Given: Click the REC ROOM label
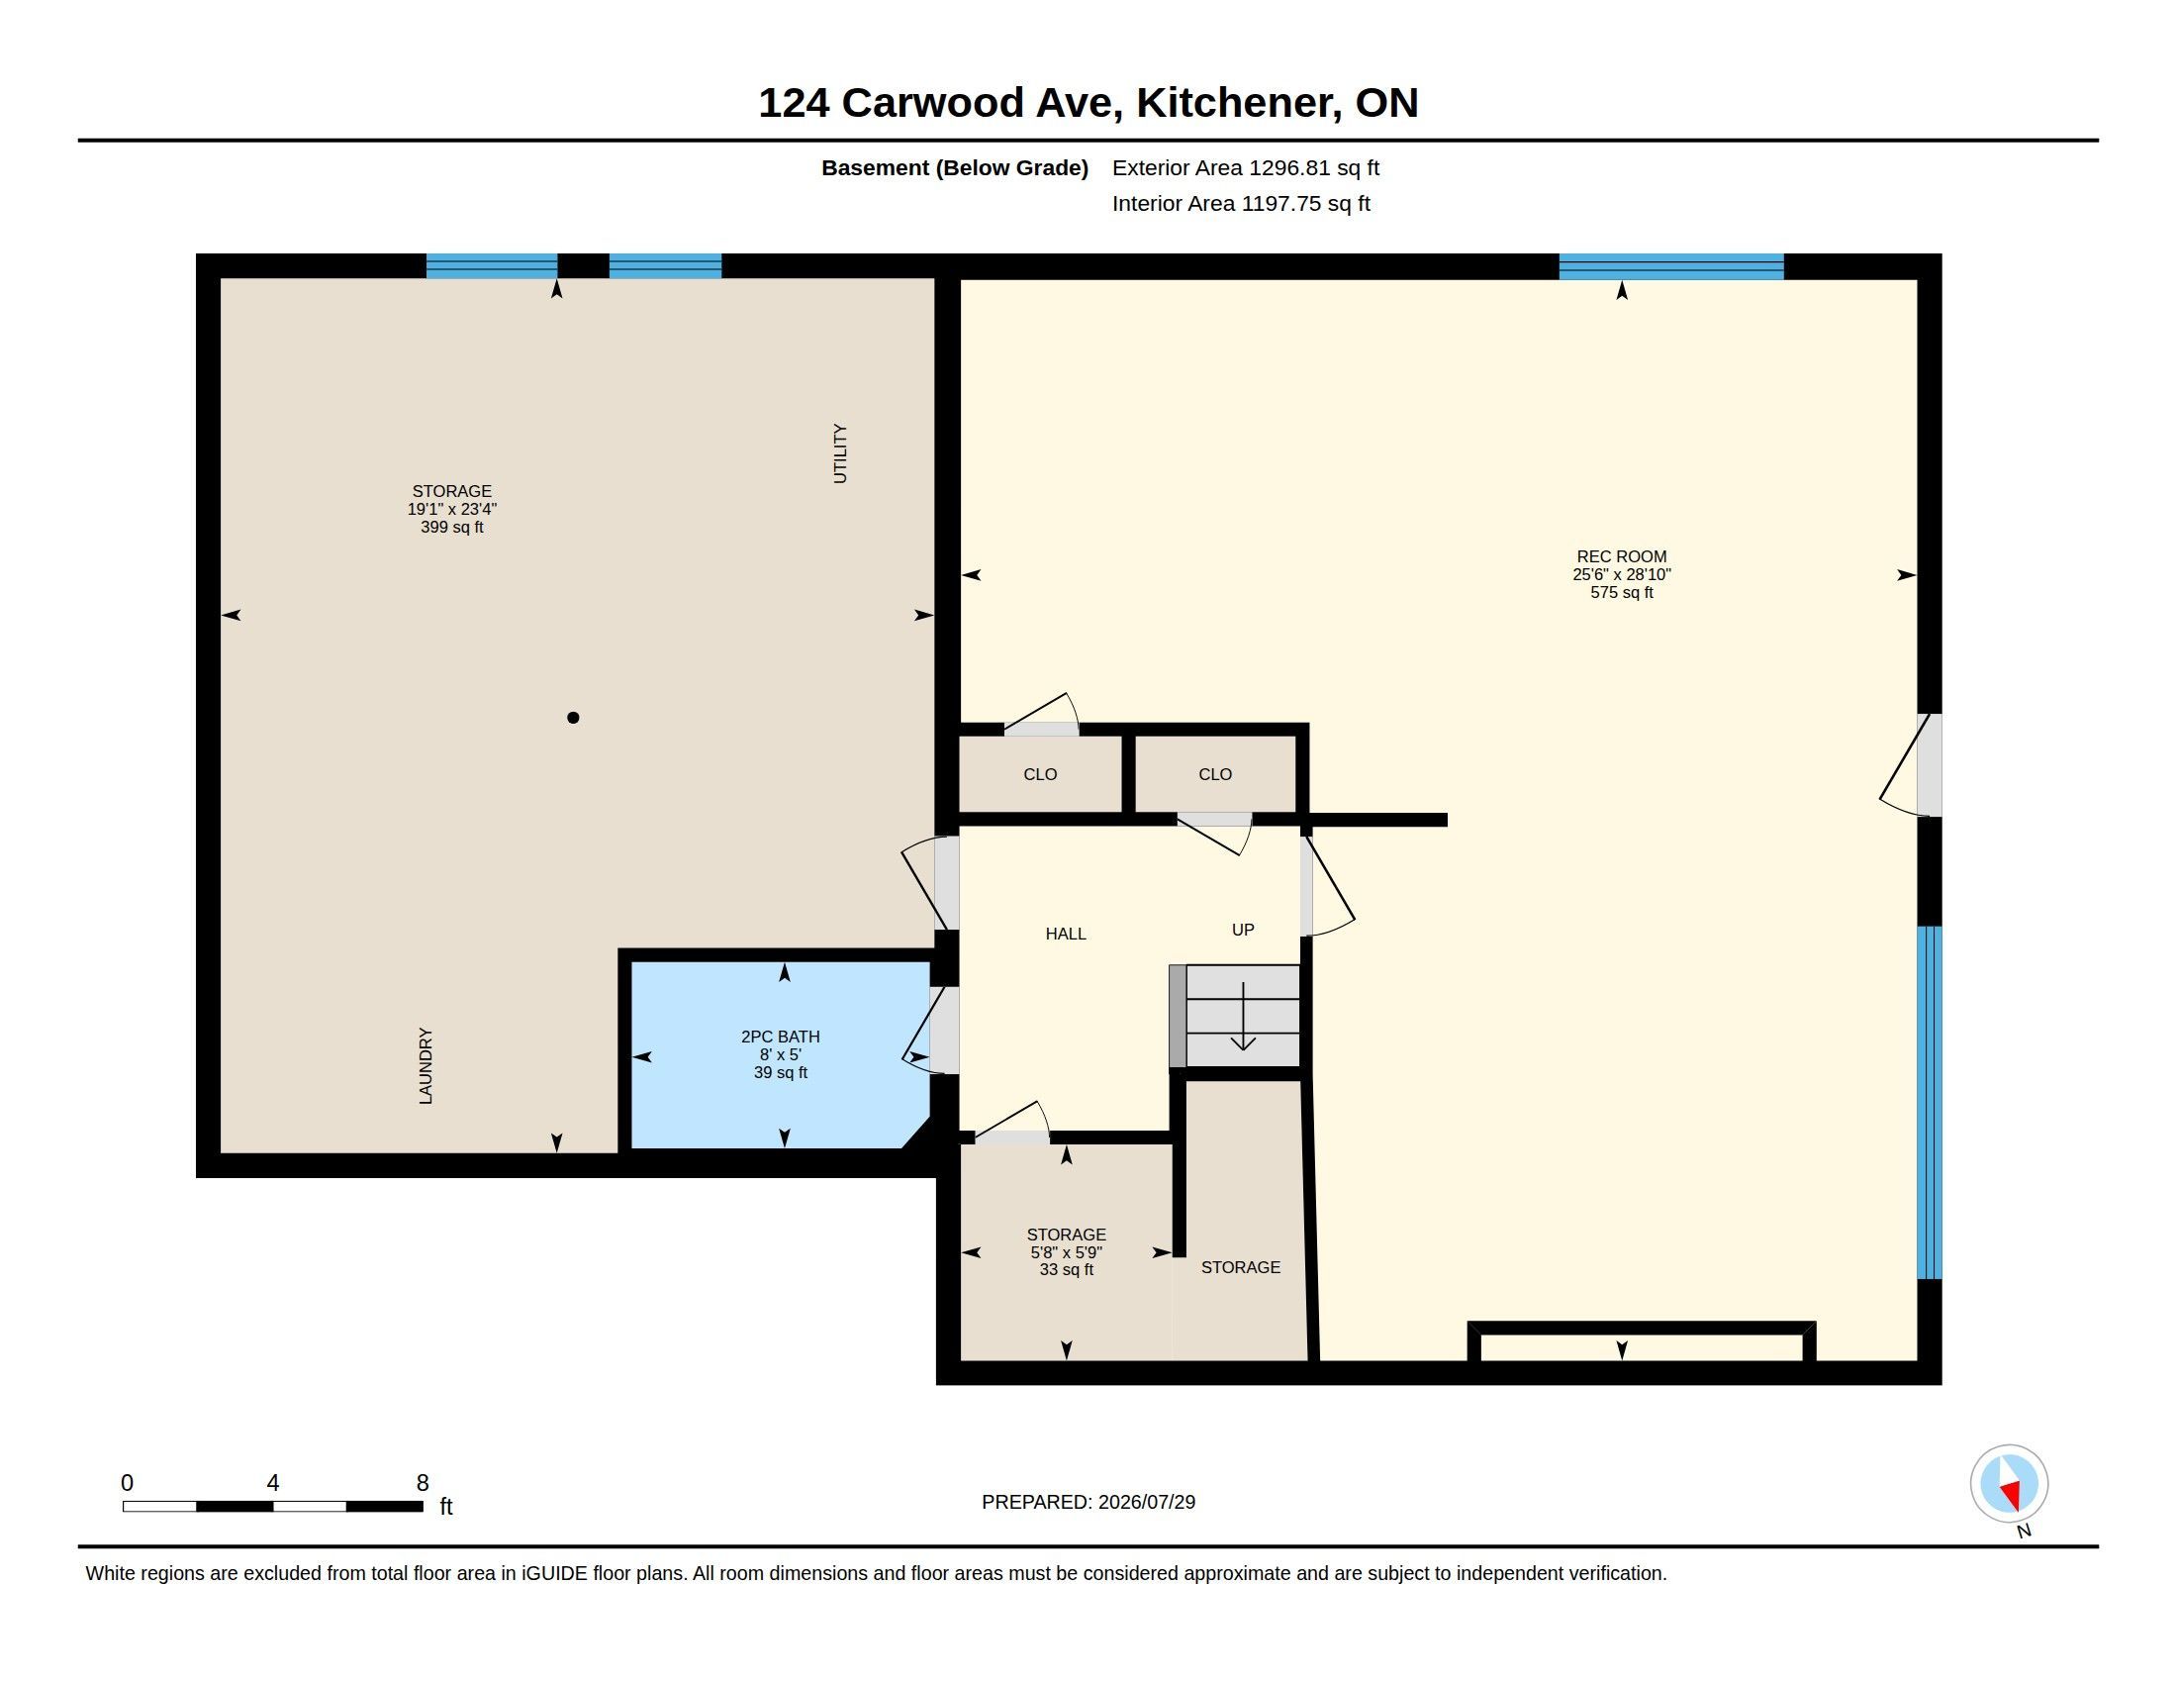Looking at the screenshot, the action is click(x=1621, y=556).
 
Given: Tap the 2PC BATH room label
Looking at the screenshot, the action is click(x=781, y=1037).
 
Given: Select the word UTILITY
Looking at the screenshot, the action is click(x=840, y=453).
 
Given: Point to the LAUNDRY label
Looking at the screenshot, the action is click(x=426, y=1066).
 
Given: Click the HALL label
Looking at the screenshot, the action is click(x=1066, y=935).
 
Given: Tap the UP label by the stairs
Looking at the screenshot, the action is click(x=1243, y=931).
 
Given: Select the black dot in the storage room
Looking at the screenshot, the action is click(x=573, y=718).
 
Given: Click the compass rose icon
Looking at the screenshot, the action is click(x=2009, y=1484).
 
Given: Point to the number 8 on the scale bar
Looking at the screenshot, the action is click(x=423, y=1483).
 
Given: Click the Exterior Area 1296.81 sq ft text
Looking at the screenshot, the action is click(x=1246, y=167).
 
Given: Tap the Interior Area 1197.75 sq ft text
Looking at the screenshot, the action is click(x=1241, y=203).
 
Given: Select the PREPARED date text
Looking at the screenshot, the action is click(x=1088, y=1503).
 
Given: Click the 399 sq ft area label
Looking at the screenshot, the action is click(x=451, y=528).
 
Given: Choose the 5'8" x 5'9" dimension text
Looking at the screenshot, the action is click(x=1067, y=1252).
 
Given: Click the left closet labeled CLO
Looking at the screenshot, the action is click(x=1040, y=775).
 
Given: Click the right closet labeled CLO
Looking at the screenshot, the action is click(x=1215, y=775).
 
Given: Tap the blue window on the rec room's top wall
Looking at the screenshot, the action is click(x=1671, y=266).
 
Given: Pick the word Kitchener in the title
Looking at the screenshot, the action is click(x=1237, y=104).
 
